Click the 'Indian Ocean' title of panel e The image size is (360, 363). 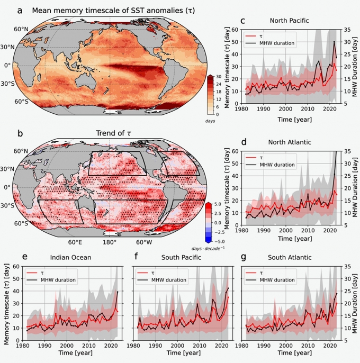[70, 258]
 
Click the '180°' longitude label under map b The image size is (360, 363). [109, 242]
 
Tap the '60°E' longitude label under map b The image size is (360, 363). [75, 242]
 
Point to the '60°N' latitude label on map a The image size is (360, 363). [21, 30]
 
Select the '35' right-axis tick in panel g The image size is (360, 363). [344, 267]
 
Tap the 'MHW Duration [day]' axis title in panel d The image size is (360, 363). [355, 188]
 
